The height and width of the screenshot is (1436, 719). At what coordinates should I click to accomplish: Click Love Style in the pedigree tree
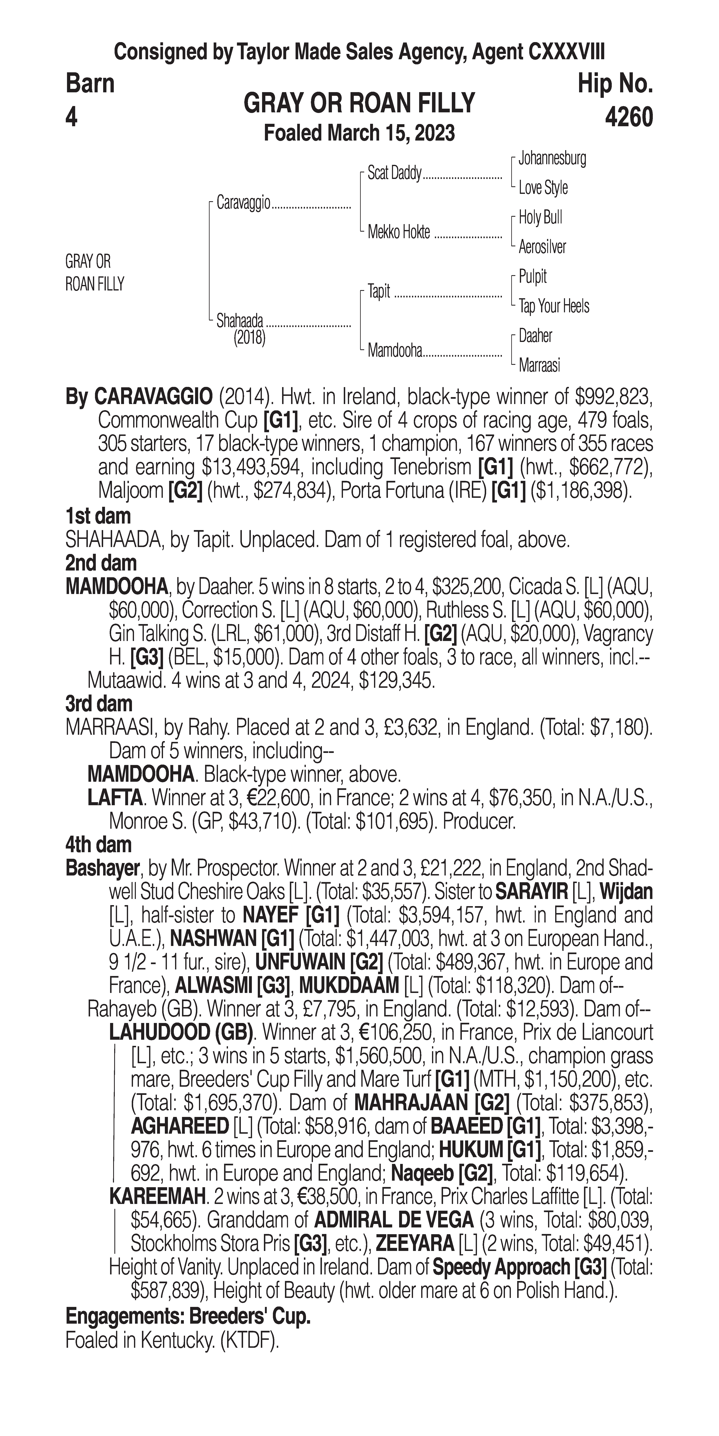point(543,188)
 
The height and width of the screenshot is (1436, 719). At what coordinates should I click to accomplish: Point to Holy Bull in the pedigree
point(540,217)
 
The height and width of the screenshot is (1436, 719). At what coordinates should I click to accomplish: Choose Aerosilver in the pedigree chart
point(542,247)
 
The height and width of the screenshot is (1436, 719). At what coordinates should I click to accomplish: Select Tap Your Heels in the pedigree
point(554,306)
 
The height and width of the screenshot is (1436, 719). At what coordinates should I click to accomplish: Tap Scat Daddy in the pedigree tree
point(394,173)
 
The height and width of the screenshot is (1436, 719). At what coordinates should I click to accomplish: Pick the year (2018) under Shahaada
point(249,337)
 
